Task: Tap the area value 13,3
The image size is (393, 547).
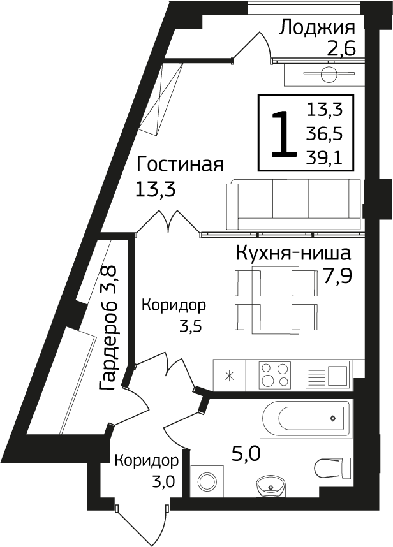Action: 325,110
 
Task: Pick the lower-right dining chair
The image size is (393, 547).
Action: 306,316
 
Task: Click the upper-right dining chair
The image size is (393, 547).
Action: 306,282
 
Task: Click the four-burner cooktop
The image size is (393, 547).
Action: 274,375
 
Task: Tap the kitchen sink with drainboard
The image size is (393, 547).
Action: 327,375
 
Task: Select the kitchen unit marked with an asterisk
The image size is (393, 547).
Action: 228,375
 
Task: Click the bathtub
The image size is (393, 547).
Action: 306,418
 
